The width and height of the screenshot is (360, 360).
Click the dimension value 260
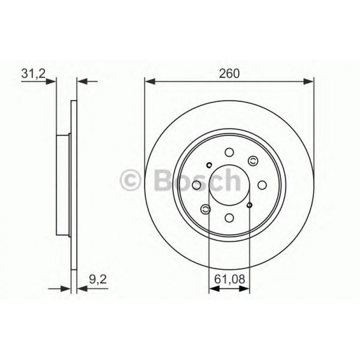pyautogui.click(x=229, y=73)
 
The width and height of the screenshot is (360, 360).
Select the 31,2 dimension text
pyautogui.click(x=33, y=73)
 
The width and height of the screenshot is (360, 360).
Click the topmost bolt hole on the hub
pyautogui.click(x=229, y=152)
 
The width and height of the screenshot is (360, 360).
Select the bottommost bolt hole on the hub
pyautogui.click(x=229, y=217)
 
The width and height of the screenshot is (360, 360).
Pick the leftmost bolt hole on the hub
pyautogui.click(x=197, y=185)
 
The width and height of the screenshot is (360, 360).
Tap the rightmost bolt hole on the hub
pyautogui.click(x=262, y=185)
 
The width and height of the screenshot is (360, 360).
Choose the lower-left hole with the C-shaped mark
pyautogui.click(x=206, y=208)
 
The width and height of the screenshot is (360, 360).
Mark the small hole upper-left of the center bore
pyautogui.click(x=209, y=165)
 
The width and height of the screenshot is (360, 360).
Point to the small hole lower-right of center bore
pyautogui.click(x=250, y=205)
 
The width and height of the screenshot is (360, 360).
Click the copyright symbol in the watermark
pyautogui.click(x=132, y=181)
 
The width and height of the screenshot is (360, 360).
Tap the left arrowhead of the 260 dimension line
pyautogui.click(x=149, y=81)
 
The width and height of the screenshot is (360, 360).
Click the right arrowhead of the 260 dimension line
pyautogui.click(x=309, y=81)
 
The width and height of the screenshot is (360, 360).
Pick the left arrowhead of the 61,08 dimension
pyautogui.click(x=214, y=289)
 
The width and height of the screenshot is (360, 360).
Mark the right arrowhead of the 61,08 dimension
pyautogui.click(x=245, y=289)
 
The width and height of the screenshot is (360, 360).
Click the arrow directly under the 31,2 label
pyautogui.click(x=51, y=81)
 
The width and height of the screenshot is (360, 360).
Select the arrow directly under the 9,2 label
pyautogui.click(x=82, y=289)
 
